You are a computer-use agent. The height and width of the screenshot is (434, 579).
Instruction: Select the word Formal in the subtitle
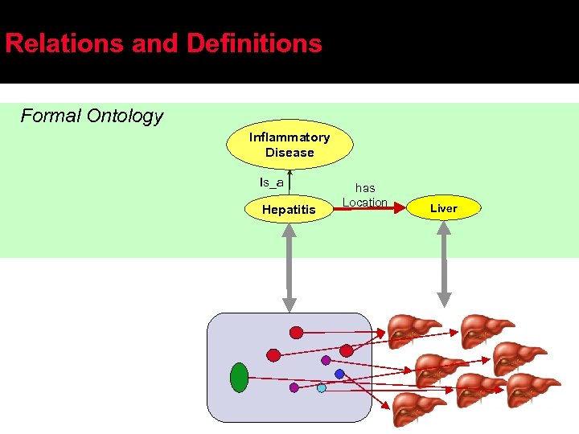tap(51, 116)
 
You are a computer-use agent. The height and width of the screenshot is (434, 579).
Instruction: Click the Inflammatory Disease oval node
tap(289, 145)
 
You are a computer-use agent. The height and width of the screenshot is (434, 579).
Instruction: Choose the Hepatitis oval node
tap(289, 210)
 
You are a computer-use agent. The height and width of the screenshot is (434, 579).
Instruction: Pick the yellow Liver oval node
tap(443, 208)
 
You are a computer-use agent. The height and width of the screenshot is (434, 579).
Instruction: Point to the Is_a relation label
tap(271, 182)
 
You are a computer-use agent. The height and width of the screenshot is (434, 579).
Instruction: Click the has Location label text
tap(365, 194)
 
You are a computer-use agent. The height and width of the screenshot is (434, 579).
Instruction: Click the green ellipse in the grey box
tap(239, 377)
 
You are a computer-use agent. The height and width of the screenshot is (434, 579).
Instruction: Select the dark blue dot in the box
tap(339, 374)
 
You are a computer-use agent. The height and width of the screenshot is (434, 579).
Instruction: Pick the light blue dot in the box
tap(322, 387)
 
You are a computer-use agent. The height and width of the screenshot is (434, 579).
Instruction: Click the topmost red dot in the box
tap(296, 332)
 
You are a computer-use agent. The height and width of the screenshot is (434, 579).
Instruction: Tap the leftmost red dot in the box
tap(273, 354)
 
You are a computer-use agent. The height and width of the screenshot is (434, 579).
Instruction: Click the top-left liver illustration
tap(413, 330)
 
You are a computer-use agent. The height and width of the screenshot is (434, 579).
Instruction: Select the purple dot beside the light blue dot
tap(294, 387)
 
